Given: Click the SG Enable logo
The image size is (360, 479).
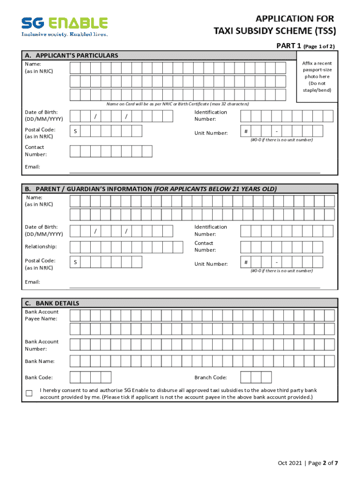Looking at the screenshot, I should (65, 26).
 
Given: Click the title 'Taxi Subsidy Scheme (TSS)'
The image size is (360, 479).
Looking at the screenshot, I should (275, 31).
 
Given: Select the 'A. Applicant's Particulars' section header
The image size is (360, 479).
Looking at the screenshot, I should (72, 55).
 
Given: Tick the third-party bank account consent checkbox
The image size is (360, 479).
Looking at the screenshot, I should (29, 393).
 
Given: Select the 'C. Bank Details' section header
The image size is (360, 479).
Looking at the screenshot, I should (52, 303).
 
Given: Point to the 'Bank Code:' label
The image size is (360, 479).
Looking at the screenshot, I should (39, 377).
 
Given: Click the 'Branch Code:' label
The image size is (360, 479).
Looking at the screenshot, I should (211, 377).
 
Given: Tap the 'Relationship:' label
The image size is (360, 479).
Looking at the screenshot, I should (41, 247).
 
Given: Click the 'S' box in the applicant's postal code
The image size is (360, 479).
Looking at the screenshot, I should (75, 132).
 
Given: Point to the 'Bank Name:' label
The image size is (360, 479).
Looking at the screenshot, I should (40, 361).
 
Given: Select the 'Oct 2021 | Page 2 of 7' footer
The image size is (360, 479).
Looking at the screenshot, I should (308, 463).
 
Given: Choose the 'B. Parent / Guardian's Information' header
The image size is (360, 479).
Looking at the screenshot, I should (151, 189).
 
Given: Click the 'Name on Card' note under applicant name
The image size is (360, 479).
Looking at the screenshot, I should (178, 104).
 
